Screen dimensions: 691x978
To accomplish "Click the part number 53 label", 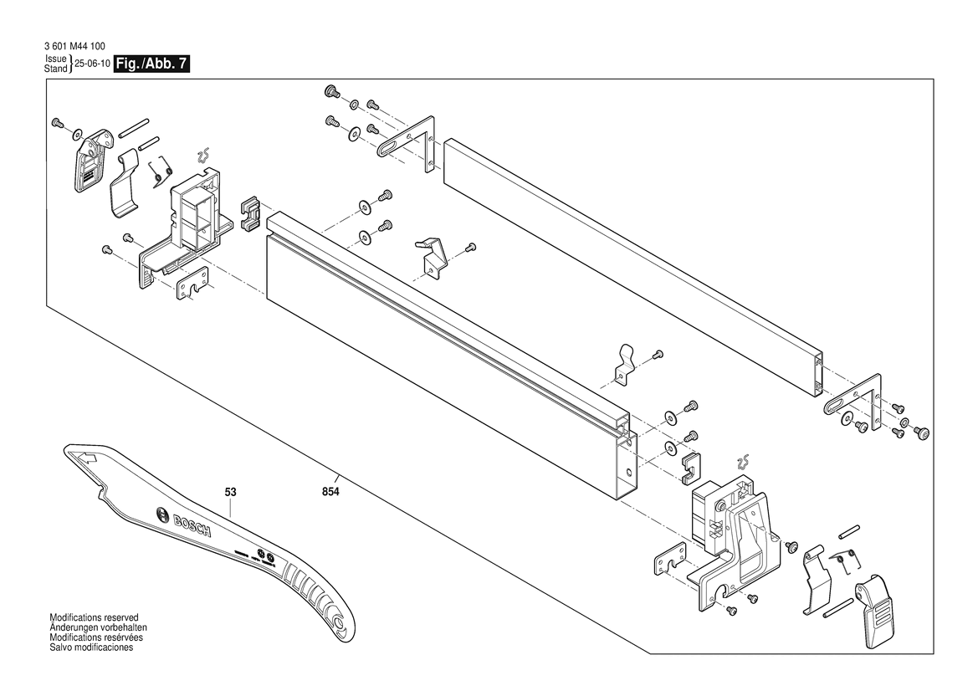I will point(231,493).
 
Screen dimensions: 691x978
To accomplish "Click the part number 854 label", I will point(330,493).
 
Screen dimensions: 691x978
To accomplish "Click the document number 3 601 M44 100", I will point(74,47).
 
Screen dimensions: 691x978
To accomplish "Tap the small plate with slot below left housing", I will point(192,287).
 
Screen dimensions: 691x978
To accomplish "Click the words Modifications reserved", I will point(94,616).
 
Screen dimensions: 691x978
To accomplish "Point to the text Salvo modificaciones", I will point(91,647).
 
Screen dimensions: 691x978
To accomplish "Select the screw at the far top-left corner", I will point(58,123).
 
